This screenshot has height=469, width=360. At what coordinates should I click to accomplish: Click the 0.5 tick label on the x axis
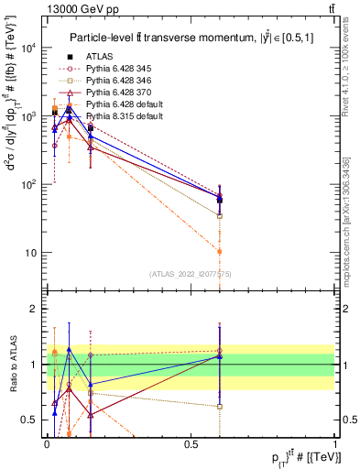pos(191,443)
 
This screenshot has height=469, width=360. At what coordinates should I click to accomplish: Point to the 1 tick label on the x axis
pos(335,443)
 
